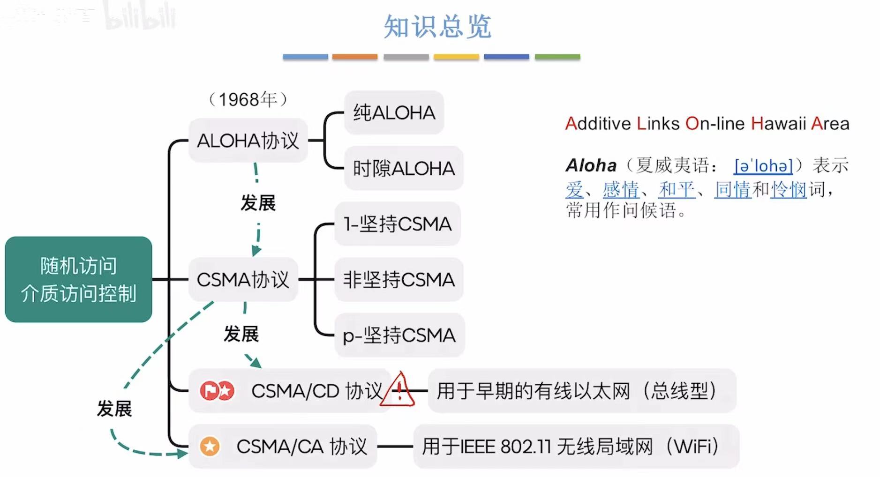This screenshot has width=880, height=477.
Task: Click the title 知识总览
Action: [x=437, y=27]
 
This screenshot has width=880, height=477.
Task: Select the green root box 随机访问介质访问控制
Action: [x=78, y=279]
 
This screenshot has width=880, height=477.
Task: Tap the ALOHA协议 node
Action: [x=248, y=141]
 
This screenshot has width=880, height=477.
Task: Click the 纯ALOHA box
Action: [x=394, y=113]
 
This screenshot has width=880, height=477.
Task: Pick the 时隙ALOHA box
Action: [x=403, y=168]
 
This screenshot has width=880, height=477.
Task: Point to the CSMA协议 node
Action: [x=243, y=280]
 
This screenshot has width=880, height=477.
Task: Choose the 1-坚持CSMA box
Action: [x=397, y=224]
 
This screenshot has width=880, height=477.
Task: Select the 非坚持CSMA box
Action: [x=399, y=280]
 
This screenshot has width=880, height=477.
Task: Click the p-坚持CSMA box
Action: [x=399, y=335]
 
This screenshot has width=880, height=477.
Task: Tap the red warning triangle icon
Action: [x=398, y=390]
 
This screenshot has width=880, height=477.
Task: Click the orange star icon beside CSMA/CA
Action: [x=210, y=446]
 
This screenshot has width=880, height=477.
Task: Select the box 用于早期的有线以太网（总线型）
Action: [x=581, y=391]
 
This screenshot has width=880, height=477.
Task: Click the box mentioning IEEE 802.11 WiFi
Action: [x=576, y=447]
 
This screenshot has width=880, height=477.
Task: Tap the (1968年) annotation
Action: [x=248, y=99]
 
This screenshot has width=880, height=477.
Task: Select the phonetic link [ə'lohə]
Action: [x=763, y=166]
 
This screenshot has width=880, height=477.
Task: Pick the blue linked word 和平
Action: [x=676, y=190]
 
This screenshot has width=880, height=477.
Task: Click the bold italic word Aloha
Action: [x=591, y=166]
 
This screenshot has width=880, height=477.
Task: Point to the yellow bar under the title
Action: [x=456, y=57]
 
